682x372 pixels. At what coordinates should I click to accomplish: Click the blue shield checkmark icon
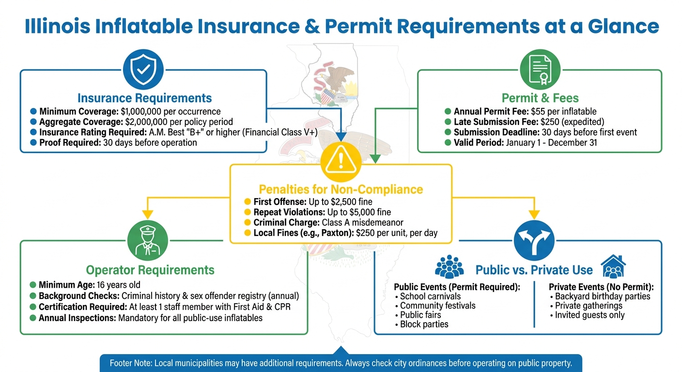tap(144, 70)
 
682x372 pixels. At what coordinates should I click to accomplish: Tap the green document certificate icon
tap(540, 71)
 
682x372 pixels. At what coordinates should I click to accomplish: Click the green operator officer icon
tap(148, 241)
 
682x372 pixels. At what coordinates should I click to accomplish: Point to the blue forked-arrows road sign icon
tap(534, 241)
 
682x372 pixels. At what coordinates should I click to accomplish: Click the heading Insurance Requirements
tap(144, 98)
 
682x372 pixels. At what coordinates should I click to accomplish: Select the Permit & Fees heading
tap(540, 98)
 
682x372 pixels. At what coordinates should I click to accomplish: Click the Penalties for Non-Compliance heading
tap(341, 189)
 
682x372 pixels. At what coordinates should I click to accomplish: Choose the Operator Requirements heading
tap(150, 270)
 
